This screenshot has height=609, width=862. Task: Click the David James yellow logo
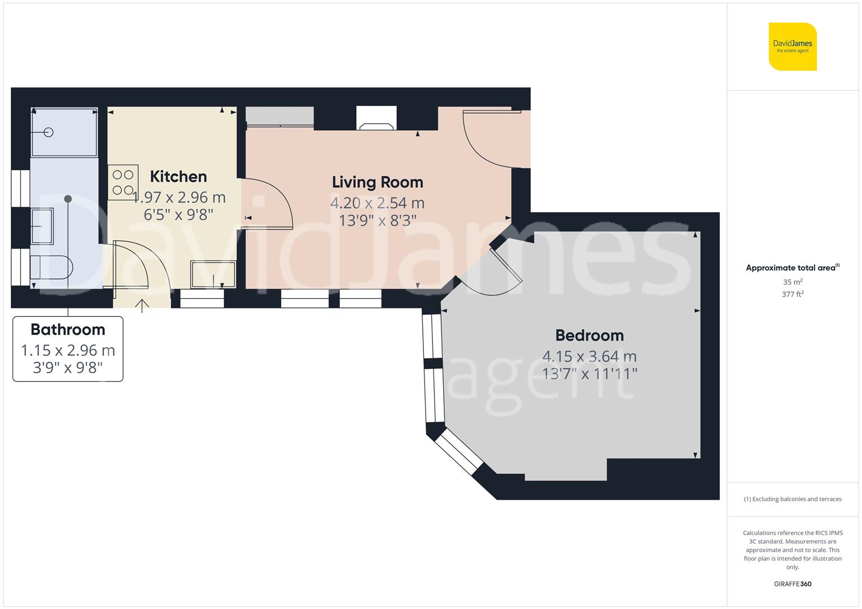[793, 46]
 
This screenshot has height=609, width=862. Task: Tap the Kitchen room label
[178, 176]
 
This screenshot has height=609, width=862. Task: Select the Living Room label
[377, 182]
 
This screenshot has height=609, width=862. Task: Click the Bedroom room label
[589, 336]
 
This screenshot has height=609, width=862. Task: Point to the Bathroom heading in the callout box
[68, 329]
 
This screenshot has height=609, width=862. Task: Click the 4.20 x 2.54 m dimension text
[377, 203]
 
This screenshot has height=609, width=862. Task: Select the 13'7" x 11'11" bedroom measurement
[589, 374]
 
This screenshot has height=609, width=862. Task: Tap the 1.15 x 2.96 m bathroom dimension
[68, 350]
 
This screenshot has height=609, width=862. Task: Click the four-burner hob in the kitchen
[122, 182]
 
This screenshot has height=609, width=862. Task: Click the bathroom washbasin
[42, 226]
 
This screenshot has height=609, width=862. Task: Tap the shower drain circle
[49, 133]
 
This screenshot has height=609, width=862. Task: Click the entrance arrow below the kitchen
[142, 306]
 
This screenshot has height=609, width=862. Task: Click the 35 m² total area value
[793, 282]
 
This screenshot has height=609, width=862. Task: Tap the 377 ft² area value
[793, 294]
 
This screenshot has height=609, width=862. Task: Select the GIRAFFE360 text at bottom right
[793, 584]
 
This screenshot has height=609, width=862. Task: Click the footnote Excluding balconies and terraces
[793, 499]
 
